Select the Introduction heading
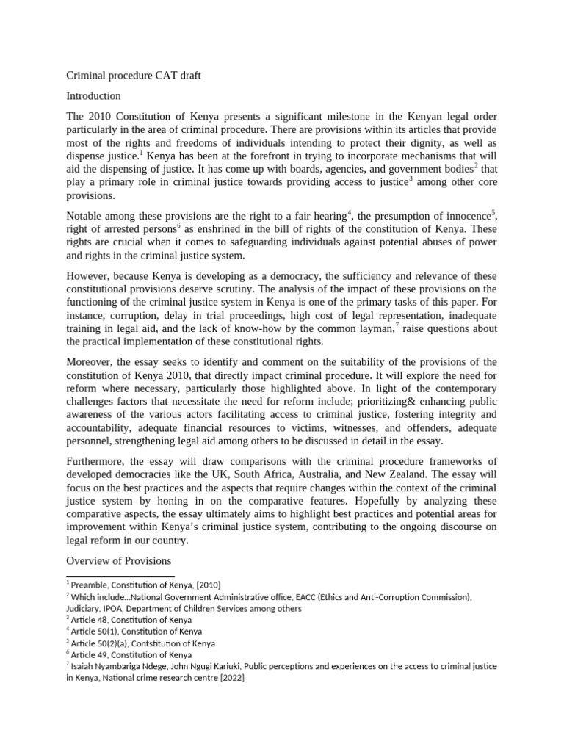(94, 96)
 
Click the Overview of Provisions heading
(119, 561)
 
